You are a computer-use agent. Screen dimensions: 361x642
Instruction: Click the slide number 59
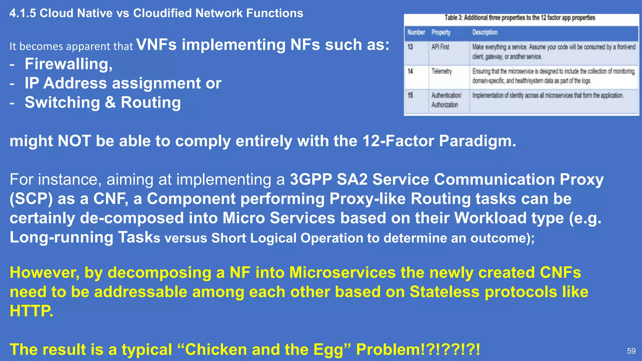pos(631,351)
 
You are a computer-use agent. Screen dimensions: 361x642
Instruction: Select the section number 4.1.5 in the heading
pos(23,13)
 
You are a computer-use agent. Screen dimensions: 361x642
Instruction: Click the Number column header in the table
pos(416,32)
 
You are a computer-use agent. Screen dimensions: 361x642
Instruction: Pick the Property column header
pos(441,32)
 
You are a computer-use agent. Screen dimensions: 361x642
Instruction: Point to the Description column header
pos(485,32)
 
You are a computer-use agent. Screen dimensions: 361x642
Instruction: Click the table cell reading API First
pos(440,47)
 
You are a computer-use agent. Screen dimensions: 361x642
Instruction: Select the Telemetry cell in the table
pos(441,71)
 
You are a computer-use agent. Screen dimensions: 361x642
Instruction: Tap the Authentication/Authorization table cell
pos(446,100)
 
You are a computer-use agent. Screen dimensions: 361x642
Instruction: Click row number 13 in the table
pos(410,47)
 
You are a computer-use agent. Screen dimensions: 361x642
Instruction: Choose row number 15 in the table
pos(410,95)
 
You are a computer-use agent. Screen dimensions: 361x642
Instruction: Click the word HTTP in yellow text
pos(31,311)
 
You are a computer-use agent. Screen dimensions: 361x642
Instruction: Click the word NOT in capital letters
pos(74,141)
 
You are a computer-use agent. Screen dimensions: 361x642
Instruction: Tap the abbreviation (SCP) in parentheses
pos(31,199)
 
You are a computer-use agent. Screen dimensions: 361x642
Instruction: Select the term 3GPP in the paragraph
pos(311,180)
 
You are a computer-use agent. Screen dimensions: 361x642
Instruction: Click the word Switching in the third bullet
pos(62,102)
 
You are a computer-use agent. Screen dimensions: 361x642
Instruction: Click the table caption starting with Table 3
pos(519,18)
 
